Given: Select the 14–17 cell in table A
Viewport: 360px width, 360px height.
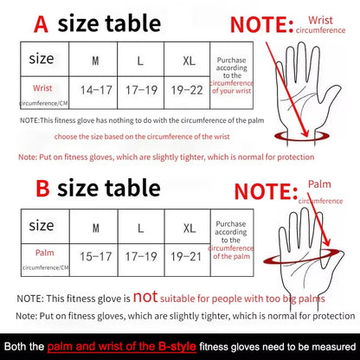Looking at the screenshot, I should click(94, 89).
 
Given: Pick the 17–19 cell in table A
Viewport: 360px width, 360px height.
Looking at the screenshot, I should click(140, 89).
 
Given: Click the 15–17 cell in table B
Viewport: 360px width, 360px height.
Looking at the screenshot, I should click(94, 256).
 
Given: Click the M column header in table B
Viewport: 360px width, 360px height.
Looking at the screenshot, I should click(94, 227).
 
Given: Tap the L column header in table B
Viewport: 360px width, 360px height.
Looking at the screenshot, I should click(140, 227).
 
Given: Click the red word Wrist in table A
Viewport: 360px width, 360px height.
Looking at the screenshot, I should click(42, 87).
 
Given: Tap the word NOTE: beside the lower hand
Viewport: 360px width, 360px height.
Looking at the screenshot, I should click(271, 189).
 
